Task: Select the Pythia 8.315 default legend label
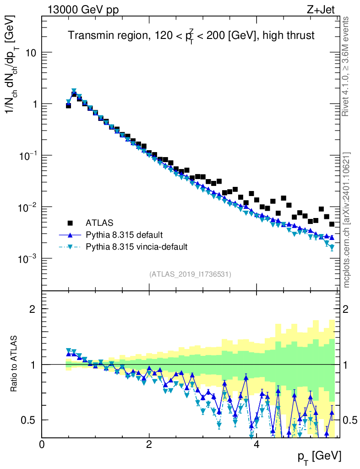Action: (124, 235)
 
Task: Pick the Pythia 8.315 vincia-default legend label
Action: (136, 247)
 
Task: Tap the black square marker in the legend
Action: (70, 223)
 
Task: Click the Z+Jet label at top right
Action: (323, 10)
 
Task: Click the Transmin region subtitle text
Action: (191, 36)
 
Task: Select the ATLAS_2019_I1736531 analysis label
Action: (190, 274)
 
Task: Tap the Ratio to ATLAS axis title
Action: (15, 364)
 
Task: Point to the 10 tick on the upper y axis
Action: (31, 53)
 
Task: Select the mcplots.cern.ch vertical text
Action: (347, 220)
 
